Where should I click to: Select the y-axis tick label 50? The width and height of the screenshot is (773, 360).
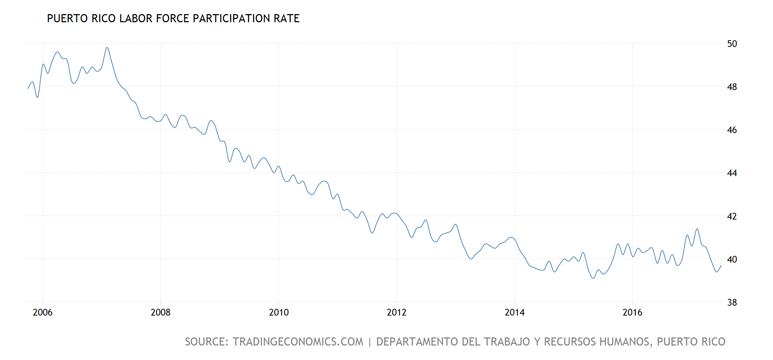[732, 44]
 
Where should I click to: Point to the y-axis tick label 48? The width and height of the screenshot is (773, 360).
[732, 87]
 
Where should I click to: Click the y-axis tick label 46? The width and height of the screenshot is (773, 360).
[732, 130]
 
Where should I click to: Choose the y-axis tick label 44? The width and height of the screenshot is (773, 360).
[732, 173]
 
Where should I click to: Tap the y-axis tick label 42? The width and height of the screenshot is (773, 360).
[732, 216]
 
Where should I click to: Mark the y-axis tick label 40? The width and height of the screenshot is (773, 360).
[732, 259]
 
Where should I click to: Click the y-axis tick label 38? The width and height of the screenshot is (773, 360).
[732, 302]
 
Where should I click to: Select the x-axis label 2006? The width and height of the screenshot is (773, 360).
[42, 312]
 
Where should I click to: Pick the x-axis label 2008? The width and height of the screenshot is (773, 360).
[160, 312]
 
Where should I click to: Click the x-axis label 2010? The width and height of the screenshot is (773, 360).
[278, 312]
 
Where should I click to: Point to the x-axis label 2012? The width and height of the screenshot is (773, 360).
[396, 312]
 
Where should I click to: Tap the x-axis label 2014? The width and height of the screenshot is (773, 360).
[514, 312]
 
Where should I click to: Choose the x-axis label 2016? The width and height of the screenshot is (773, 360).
[632, 312]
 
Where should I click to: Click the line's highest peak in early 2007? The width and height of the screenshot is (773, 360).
[107, 48]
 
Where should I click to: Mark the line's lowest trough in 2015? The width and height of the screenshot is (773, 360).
[593, 278]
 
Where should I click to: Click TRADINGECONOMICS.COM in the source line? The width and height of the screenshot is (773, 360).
[298, 342]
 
